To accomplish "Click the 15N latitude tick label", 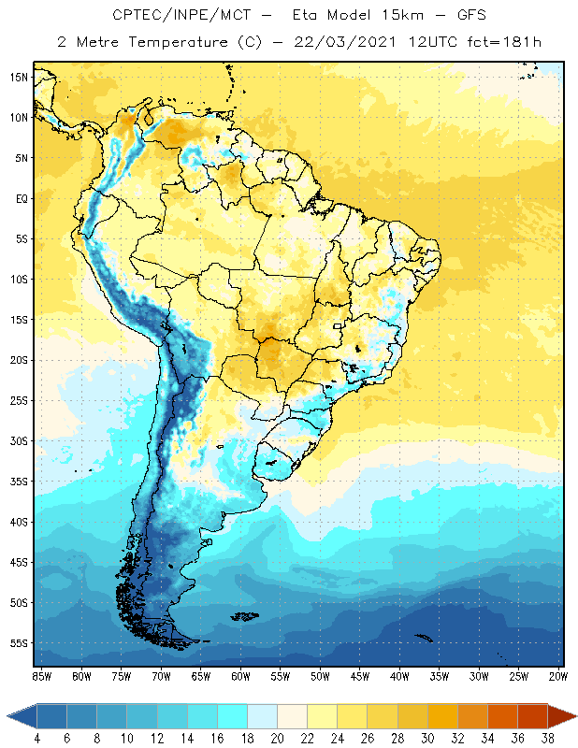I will pyautogui.click(x=19, y=77).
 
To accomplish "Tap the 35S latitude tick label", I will pyautogui.click(x=19, y=482).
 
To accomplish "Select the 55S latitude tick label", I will pyautogui.click(x=19, y=643).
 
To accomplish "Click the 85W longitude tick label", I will pyautogui.click(x=41, y=676).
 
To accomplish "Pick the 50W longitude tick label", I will pyautogui.click(x=320, y=676).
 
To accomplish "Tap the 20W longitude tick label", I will pyautogui.click(x=558, y=676).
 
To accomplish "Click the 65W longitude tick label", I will pyautogui.click(x=200, y=676).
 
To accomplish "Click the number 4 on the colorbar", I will pyautogui.click(x=37, y=739).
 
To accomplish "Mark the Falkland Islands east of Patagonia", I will pyautogui.click(x=246, y=615).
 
